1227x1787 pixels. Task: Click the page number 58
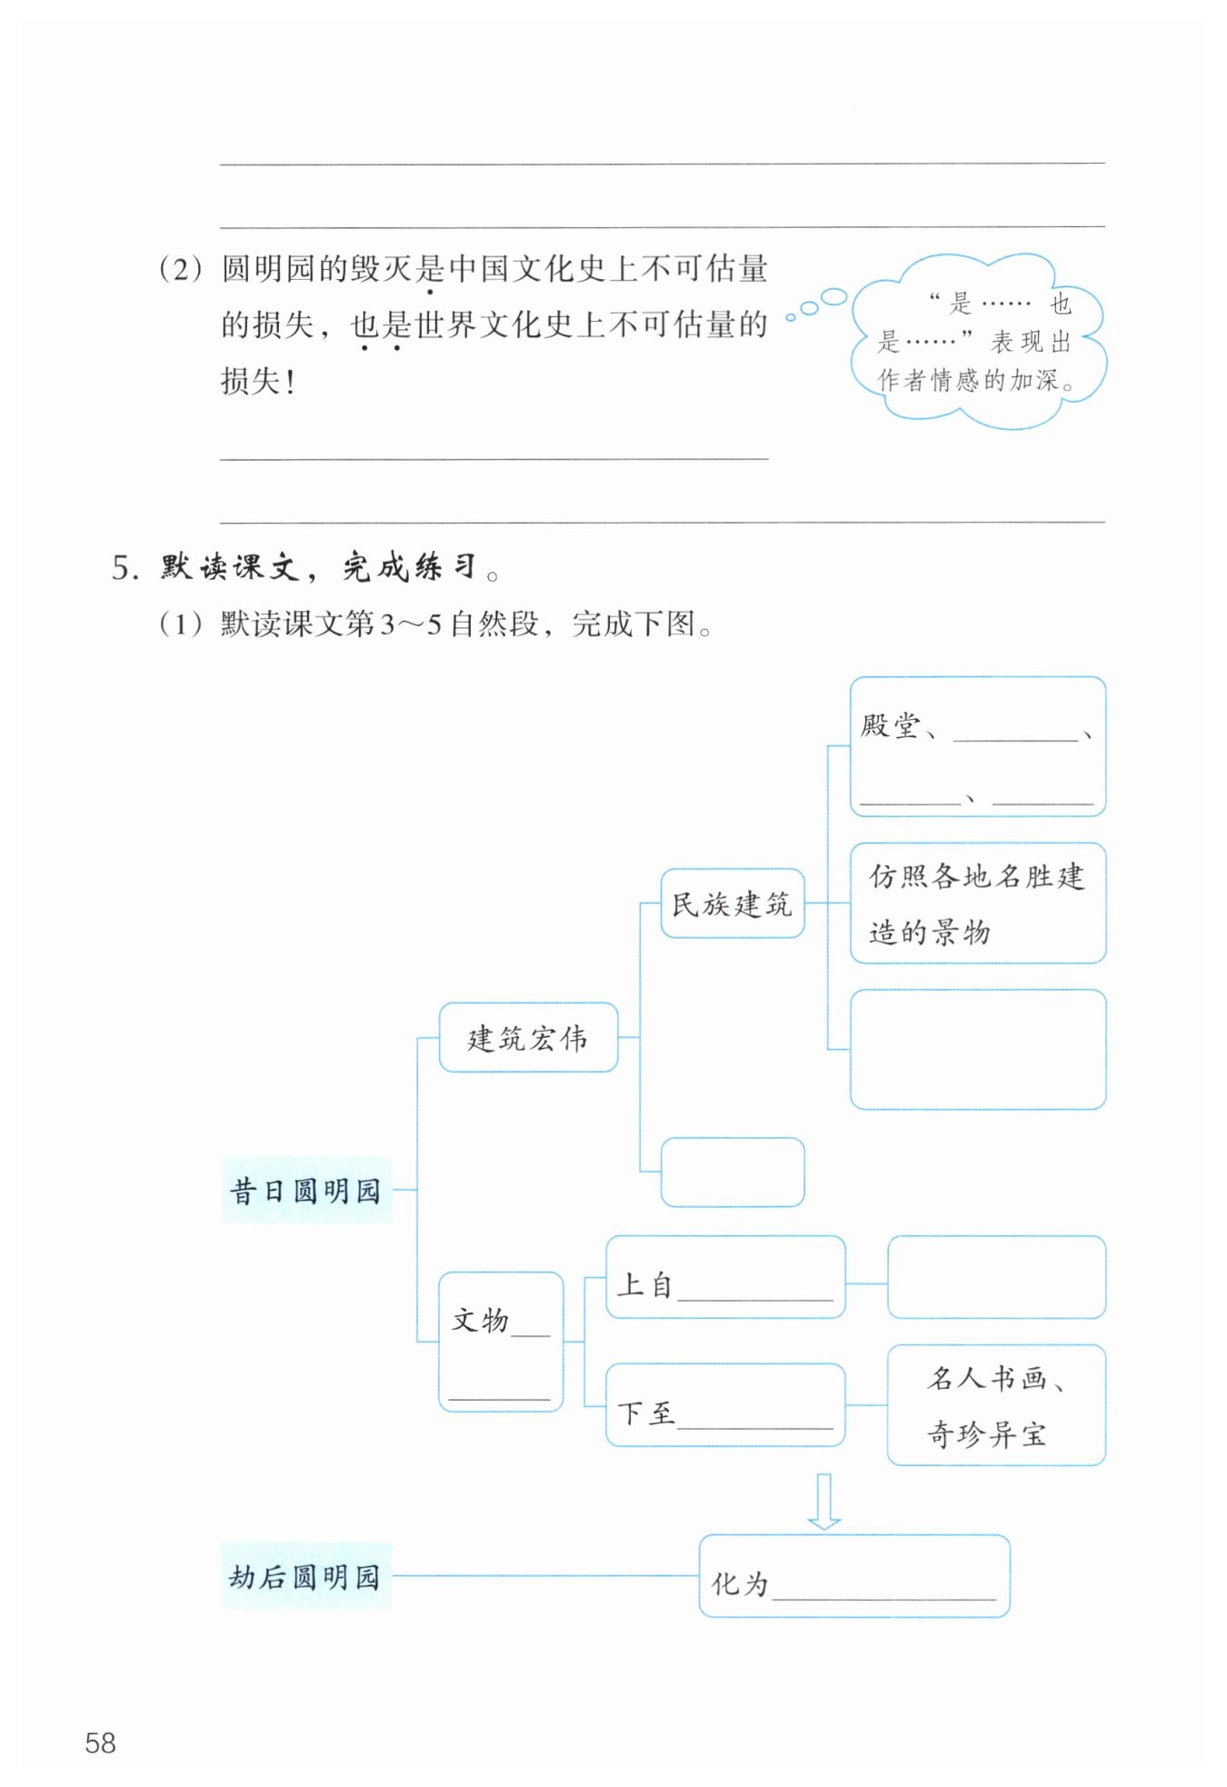(x=100, y=1742)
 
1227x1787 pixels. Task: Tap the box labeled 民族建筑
(x=732, y=903)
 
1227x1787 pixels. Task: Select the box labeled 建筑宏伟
(x=528, y=1037)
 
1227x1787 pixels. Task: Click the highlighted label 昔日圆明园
(x=305, y=1190)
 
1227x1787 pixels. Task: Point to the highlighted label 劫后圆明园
(x=305, y=1576)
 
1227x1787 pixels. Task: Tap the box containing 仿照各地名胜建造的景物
(x=977, y=903)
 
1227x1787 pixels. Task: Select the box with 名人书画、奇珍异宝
(x=995, y=1405)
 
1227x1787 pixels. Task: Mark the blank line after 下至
(x=755, y=1419)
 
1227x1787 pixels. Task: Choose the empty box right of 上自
(x=995, y=1276)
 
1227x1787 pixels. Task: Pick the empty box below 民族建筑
(x=732, y=1172)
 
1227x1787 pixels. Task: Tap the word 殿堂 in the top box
(x=890, y=725)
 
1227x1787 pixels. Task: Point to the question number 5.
(x=124, y=569)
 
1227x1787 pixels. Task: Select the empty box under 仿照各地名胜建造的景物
(x=977, y=1049)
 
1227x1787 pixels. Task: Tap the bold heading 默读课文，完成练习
(x=318, y=567)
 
